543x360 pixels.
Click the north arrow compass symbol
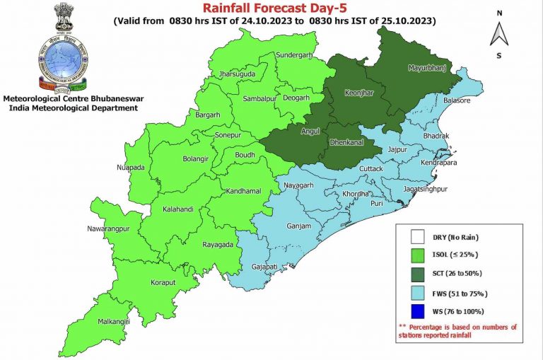point(499,33)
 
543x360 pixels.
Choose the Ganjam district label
point(298,226)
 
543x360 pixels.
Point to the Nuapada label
point(131,168)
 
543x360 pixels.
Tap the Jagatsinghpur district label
point(426,190)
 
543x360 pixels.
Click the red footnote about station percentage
point(458,331)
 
